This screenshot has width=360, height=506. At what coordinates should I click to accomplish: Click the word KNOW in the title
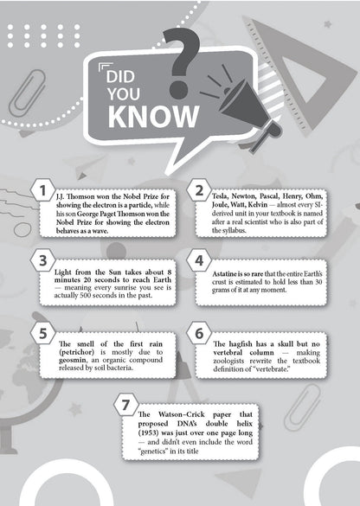[153, 117]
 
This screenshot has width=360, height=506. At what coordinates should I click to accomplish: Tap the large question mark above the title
[182, 62]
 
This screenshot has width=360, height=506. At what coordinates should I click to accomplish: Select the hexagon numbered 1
[42, 190]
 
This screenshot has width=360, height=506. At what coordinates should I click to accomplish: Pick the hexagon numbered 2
[199, 190]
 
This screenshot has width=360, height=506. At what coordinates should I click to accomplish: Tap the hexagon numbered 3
[42, 260]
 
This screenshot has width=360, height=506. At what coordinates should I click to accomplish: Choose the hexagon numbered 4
[199, 260]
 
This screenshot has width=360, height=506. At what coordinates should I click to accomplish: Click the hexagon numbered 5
[42, 333]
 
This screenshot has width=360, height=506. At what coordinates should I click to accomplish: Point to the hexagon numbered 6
[199, 333]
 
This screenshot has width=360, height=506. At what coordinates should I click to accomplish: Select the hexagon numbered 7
[126, 405]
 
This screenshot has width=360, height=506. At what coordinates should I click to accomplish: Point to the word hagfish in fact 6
[241, 344]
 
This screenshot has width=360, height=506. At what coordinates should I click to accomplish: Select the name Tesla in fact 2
[220, 195]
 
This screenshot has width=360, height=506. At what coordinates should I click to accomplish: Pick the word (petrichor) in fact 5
[76, 352]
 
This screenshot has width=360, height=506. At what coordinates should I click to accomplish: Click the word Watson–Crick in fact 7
[181, 414]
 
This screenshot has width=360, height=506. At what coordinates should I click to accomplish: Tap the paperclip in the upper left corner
[27, 93]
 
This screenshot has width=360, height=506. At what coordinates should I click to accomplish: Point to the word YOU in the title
[124, 94]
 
